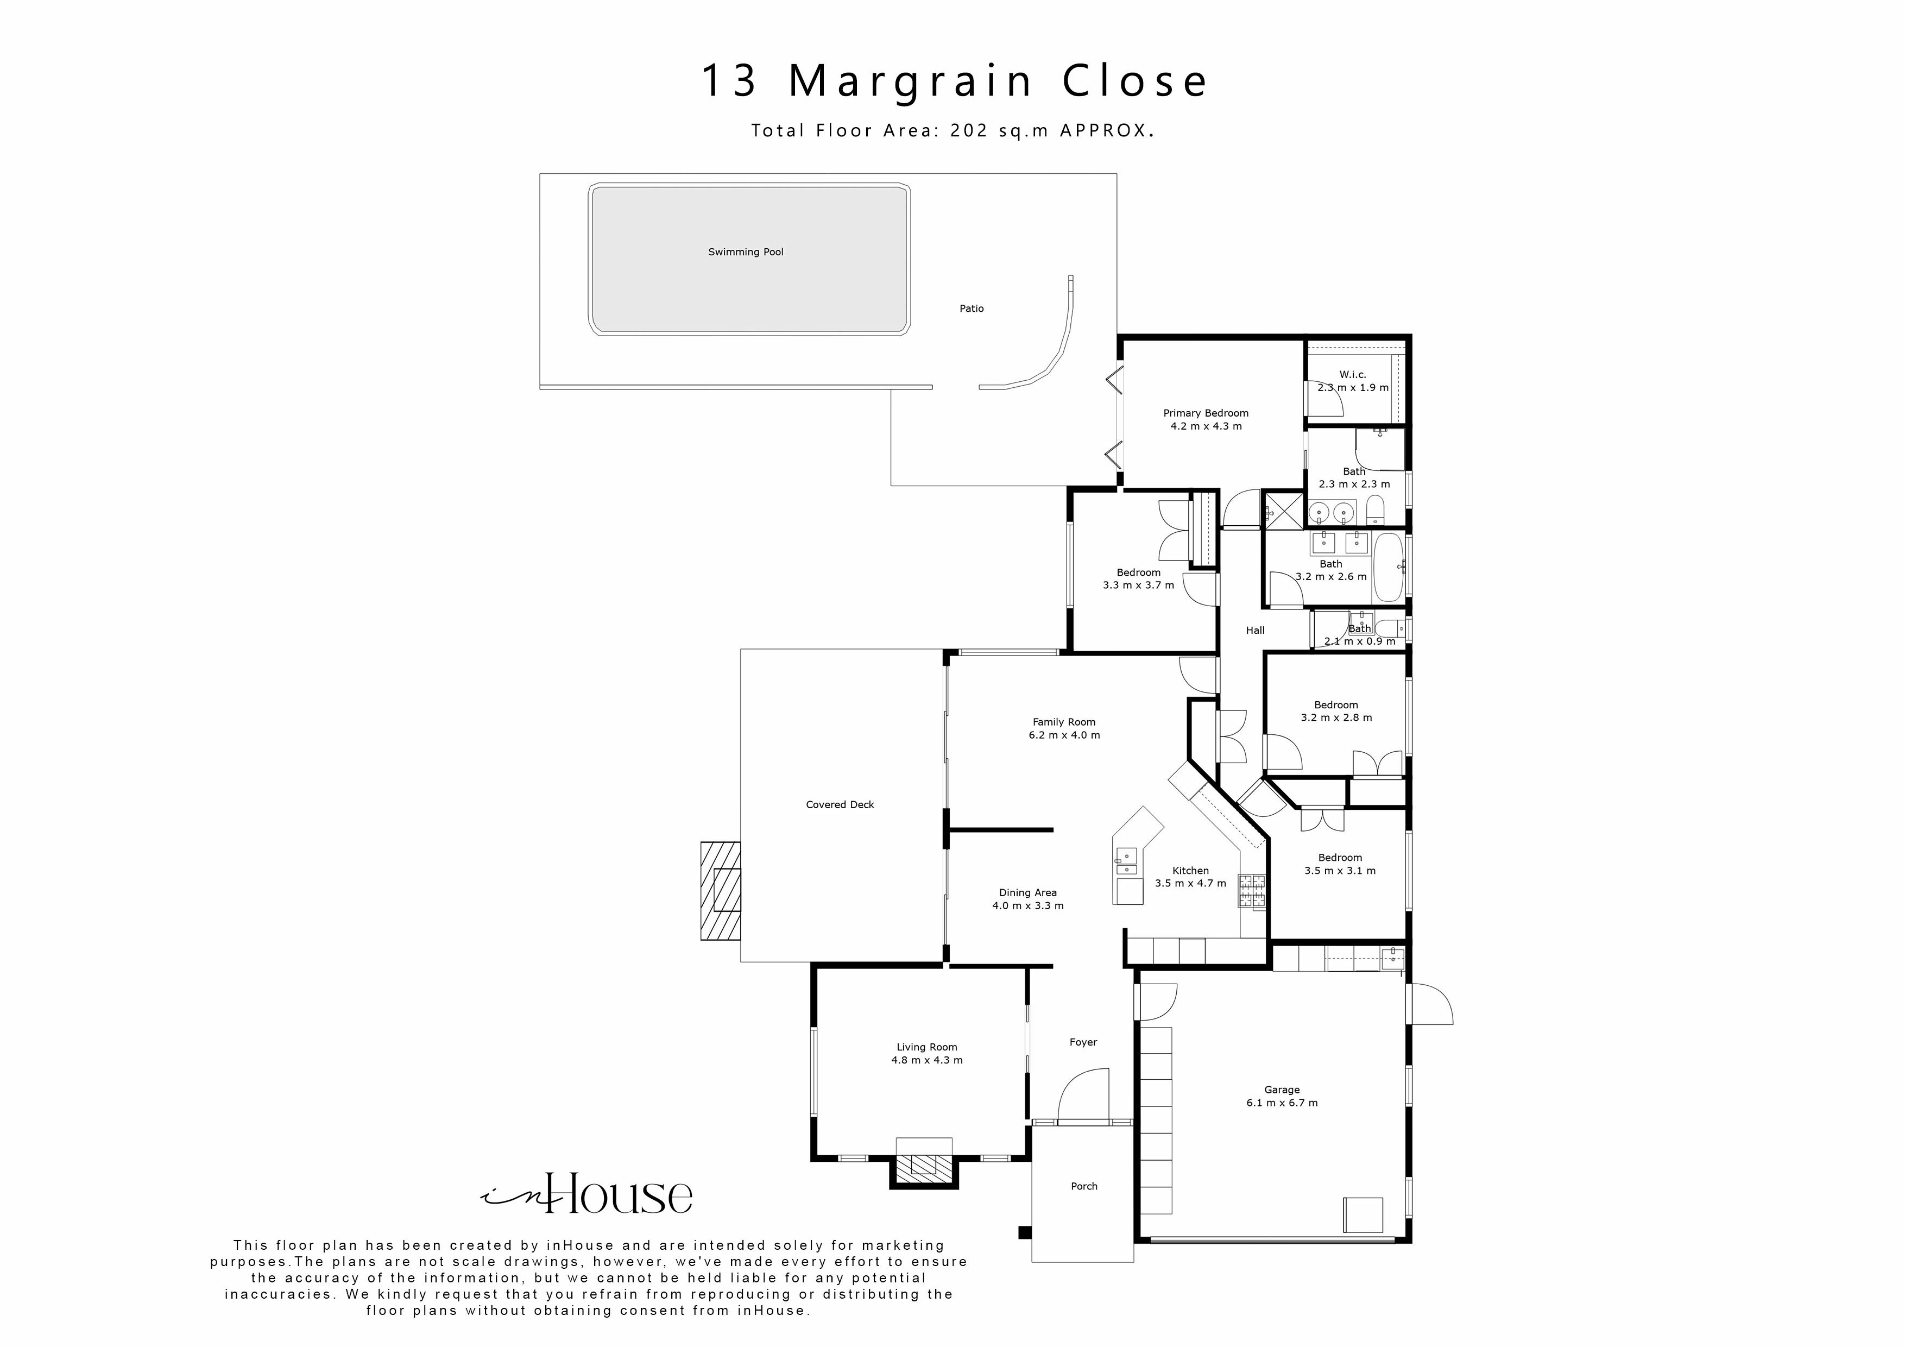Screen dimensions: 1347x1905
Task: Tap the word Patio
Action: tap(972, 309)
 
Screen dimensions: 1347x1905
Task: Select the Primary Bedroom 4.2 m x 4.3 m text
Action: tap(1206, 420)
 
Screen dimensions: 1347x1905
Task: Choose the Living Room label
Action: tap(927, 1047)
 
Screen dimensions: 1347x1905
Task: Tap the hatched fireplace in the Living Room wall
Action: tap(924, 1167)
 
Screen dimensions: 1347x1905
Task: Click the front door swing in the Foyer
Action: tap(1083, 1096)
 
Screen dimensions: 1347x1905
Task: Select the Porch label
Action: tap(1083, 1187)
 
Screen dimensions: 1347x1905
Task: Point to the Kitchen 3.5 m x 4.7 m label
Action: tap(1190, 877)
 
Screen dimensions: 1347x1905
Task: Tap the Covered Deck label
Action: tap(840, 805)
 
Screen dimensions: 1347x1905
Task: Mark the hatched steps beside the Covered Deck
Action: tap(720, 891)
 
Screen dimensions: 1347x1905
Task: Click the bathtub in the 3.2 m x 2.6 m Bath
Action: tap(1388, 568)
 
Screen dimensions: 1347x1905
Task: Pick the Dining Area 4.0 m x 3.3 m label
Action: tap(1028, 899)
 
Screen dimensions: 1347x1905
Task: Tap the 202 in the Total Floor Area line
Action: tap(968, 131)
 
